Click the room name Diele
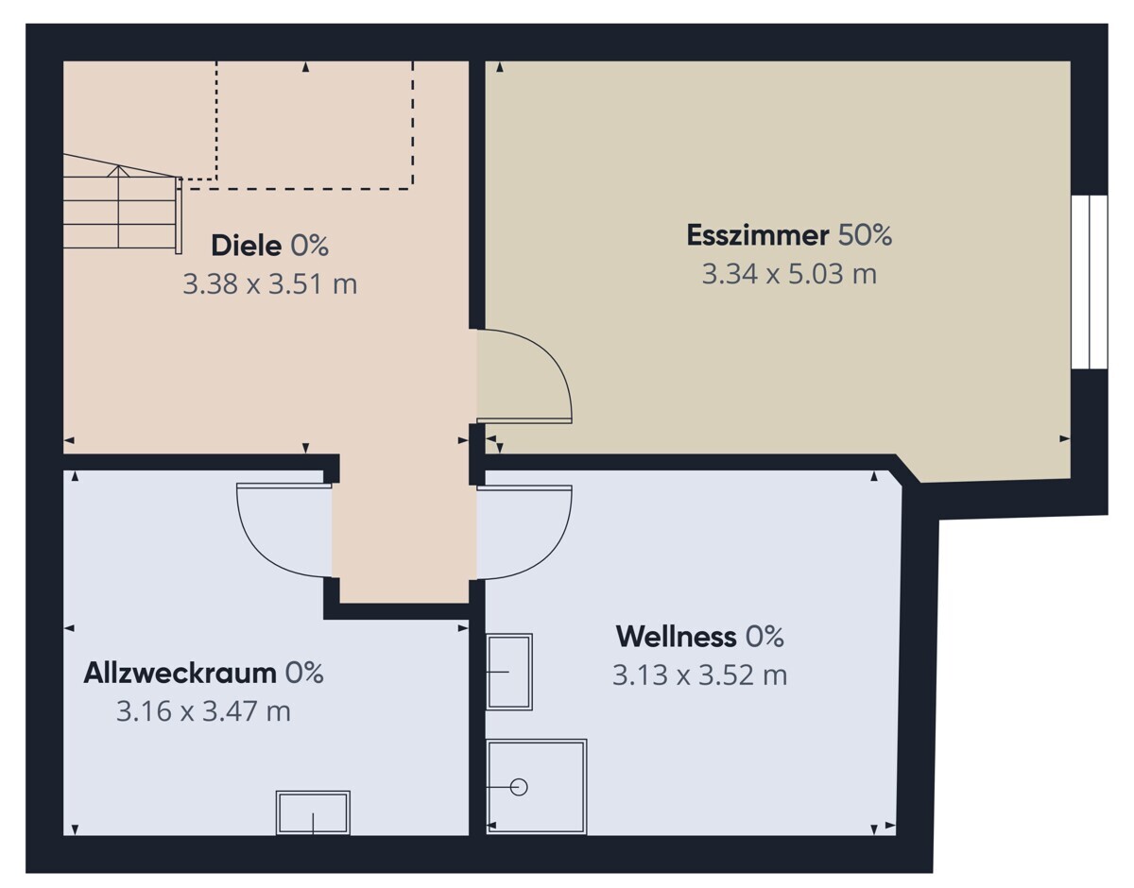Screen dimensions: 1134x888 coord(247,246)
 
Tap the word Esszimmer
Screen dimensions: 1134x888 coord(757,235)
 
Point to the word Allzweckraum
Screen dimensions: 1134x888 coord(180,674)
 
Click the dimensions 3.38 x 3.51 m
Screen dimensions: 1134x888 coord(270,284)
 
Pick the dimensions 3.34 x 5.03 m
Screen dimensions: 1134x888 coord(789,274)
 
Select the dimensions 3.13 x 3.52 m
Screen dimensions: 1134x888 coord(699,675)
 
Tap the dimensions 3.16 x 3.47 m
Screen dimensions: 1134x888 coord(203,711)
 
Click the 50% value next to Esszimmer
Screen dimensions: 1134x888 coord(865,235)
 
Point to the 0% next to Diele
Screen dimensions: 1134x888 coord(309,246)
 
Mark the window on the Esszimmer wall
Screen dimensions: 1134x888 coord(1090,282)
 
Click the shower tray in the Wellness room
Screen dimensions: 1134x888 coord(537,787)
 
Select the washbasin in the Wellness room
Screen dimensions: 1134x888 coord(509,672)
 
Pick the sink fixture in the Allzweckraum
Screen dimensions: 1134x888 coord(313,812)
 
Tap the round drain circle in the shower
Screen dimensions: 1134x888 coord(519,787)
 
